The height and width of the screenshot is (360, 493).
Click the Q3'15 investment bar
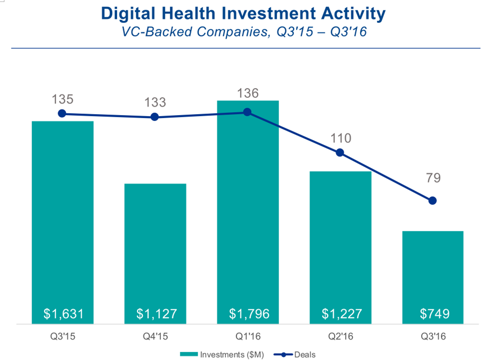(x=62, y=221)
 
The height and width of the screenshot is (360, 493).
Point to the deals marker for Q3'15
(x=62, y=114)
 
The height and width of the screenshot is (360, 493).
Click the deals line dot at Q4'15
(x=154, y=117)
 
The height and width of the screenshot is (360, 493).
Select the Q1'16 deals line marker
(x=247, y=112)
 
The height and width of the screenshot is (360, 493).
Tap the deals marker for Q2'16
(x=340, y=152)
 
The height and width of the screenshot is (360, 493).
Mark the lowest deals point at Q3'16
(x=432, y=201)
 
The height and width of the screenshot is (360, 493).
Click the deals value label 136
(x=247, y=93)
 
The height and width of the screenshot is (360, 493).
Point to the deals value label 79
(x=433, y=178)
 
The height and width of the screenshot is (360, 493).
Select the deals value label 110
(x=340, y=138)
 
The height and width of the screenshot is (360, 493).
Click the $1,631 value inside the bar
(x=62, y=314)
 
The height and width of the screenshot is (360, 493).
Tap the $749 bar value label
(x=433, y=314)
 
